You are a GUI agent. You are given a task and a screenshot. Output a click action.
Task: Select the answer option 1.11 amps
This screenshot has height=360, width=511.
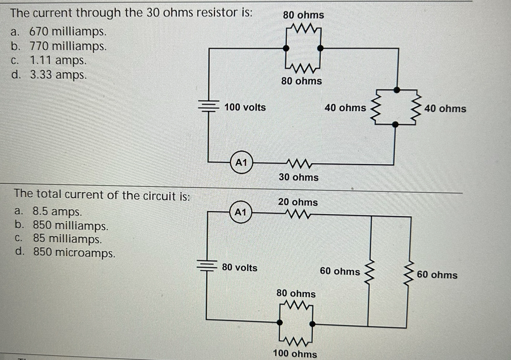coord(58,60)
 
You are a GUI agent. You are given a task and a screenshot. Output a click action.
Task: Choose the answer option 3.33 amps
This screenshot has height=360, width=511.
coord(58,74)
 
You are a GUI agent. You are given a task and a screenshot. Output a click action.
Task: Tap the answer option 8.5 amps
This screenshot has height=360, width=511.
coord(56,212)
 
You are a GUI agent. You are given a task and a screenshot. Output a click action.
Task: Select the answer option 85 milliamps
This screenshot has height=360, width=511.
coord(67,239)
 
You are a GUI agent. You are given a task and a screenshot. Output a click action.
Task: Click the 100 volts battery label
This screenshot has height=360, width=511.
coord(245,107)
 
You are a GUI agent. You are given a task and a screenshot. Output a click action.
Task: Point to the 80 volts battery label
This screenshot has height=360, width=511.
coord(240,267)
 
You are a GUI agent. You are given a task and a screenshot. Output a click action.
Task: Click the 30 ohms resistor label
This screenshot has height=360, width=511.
coord(298,177)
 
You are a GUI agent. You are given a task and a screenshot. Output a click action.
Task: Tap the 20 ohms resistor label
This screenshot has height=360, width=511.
coord(298,202)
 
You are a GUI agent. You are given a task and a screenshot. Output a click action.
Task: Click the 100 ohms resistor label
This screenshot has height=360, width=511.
coord(295,353)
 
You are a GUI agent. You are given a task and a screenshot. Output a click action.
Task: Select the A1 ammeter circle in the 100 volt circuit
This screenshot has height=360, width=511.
coord(241,162)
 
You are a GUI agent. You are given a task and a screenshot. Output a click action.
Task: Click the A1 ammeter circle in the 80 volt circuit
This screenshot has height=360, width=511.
coord(241,212)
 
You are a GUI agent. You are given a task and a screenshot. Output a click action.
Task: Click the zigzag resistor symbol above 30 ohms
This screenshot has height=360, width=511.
coord(298,165)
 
